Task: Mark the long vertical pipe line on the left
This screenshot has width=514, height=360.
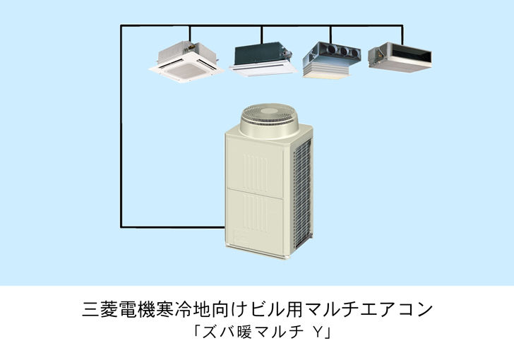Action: (121, 127)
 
